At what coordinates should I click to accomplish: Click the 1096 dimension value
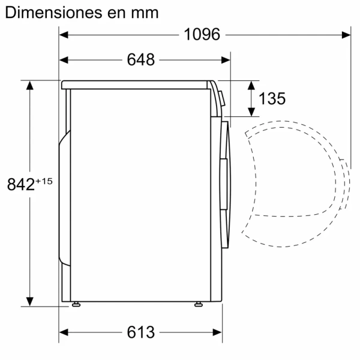coord(202,35)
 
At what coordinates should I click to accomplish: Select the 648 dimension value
coord(141,60)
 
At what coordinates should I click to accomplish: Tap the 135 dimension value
coord(272,98)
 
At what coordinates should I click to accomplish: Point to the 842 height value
coord(21,185)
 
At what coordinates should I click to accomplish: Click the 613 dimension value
coord(141,332)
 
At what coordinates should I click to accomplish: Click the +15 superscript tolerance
coord(44,180)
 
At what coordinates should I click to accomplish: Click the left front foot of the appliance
coord(76,304)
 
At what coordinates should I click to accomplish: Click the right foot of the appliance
coord(197,304)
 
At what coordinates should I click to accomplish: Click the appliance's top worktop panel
coord(138,84)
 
